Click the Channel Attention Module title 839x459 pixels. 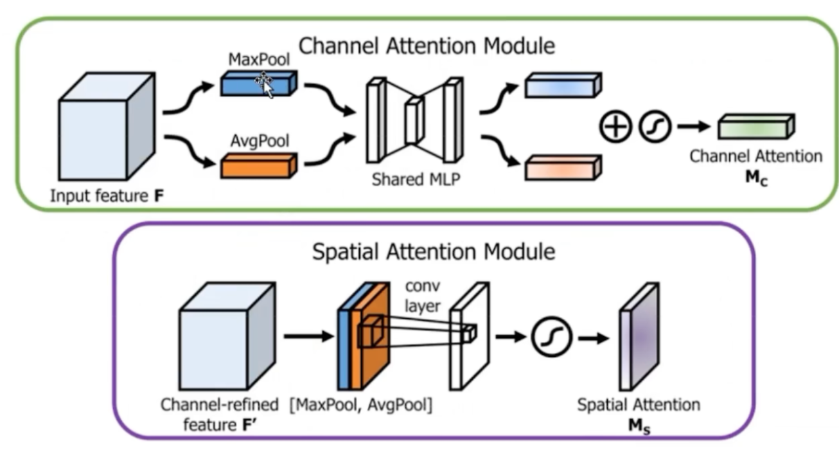click(427, 46)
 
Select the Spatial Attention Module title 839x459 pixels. click(434, 251)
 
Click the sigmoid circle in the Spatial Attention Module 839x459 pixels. click(551, 338)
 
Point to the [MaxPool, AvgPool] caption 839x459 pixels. click(360, 406)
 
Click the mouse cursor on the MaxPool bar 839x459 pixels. click(264, 83)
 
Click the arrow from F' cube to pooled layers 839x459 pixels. click(308, 336)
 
